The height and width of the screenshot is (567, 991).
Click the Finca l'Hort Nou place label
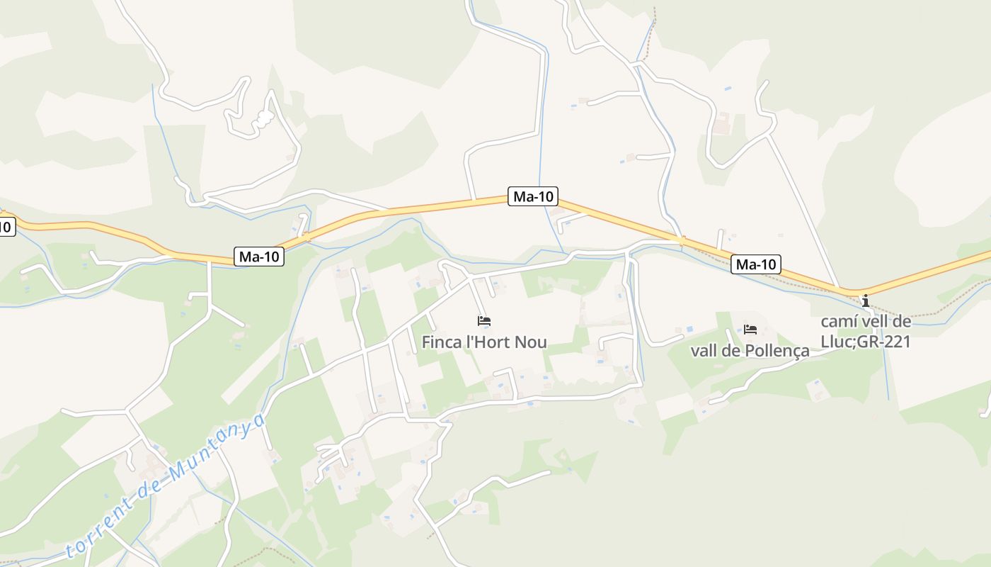(x=484, y=342)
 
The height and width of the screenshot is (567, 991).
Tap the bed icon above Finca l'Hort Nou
(x=484, y=321)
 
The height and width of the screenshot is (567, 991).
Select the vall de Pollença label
(x=750, y=351)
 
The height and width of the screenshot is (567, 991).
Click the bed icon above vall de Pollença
(x=750, y=330)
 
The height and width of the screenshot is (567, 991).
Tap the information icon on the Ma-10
(x=865, y=301)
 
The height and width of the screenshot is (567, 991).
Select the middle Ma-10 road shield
(x=533, y=197)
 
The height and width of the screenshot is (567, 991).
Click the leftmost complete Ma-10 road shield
(x=259, y=257)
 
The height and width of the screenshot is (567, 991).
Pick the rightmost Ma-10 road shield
(x=756, y=265)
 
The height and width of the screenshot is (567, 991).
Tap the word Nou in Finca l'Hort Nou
(x=531, y=342)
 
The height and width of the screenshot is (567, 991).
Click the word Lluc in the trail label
(x=837, y=342)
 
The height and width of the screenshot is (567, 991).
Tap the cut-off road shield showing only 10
(x=6, y=228)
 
